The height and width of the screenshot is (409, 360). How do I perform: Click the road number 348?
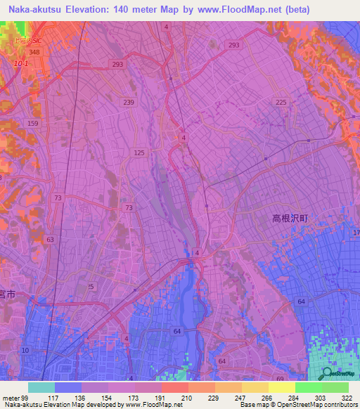(x=34, y=53)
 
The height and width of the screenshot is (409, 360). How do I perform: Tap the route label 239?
(x=128, y=103)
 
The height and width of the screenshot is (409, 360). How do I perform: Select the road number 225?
(x=281, y=103)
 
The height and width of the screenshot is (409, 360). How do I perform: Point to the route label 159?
(x=33, y=124)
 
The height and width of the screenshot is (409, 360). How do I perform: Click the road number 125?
(x=139, y=152)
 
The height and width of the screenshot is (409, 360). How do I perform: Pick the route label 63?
(x=50, y=240)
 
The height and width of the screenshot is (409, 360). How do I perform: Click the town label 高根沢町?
(x=290, y=219)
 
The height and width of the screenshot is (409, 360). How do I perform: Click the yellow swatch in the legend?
(x=281, y=387)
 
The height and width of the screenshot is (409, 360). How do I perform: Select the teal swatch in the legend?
(x=41, y=387)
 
